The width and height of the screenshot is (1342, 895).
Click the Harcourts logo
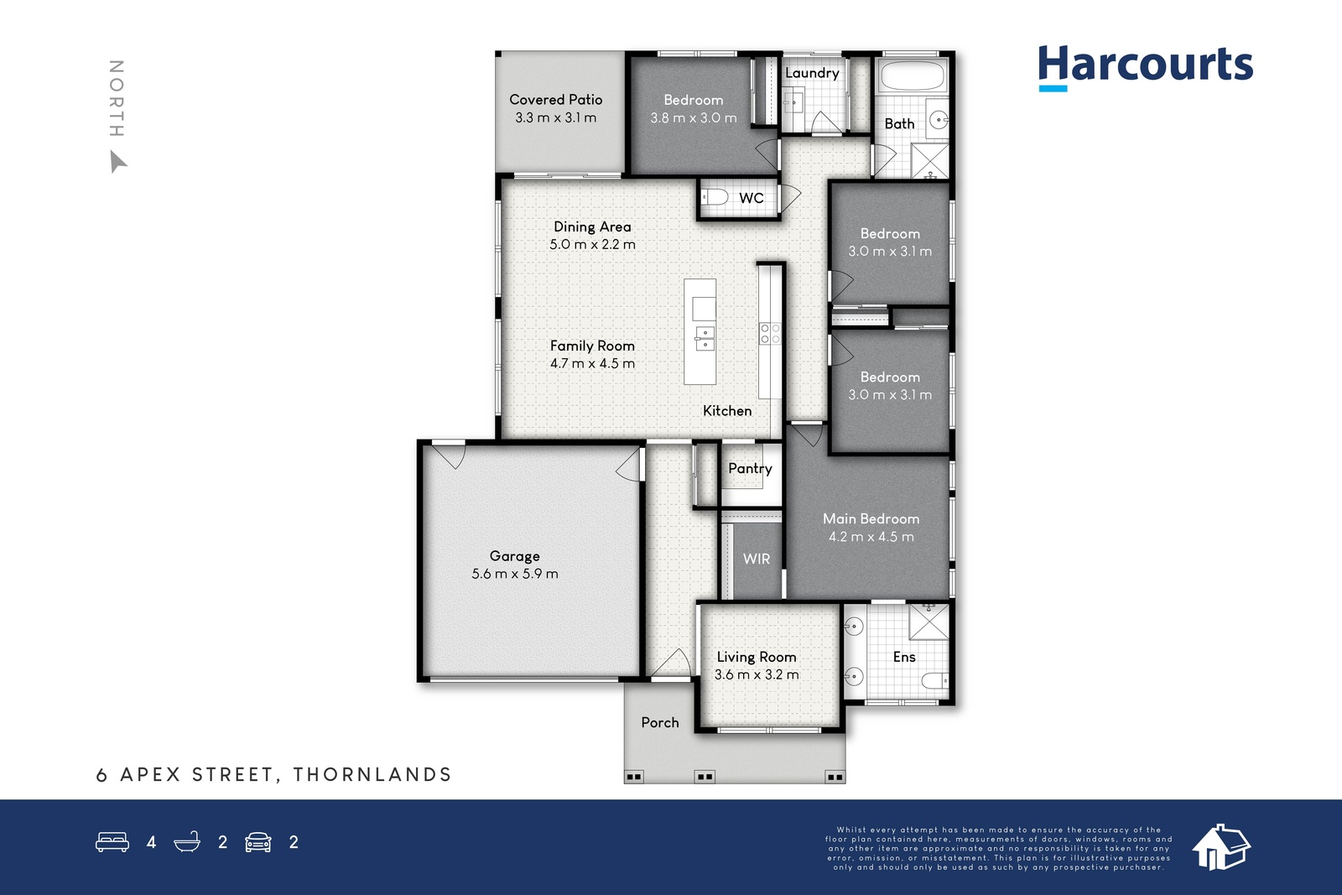coord(1146,67)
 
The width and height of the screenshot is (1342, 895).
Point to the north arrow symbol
coord(117,161)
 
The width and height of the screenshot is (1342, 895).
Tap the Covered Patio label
coord(556,100)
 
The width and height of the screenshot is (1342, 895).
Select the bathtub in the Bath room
coord(912,75)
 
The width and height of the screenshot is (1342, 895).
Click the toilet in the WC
coord(714,196)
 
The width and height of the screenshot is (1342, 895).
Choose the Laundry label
coord(812,73)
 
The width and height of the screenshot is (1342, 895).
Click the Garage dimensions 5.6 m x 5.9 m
coord(515,574)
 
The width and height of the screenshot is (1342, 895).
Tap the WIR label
coord(756,559)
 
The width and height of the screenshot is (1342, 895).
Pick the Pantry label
coord(750,468)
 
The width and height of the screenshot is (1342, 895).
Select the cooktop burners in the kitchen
coord(770,334)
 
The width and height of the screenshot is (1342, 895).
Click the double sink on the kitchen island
coord(705,339)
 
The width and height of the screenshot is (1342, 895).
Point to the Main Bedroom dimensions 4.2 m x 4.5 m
coord(871,537)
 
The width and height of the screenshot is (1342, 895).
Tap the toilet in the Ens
coord(934,680)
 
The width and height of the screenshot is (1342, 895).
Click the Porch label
coord(659,722)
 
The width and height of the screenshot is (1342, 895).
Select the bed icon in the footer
coord(112,841)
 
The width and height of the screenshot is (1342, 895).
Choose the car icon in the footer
coord(258,842)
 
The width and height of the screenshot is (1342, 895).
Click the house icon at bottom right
coord(1221,847)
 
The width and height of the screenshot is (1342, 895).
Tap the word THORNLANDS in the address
coord(372,774)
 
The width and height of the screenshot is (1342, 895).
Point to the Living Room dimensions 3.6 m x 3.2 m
coord(757,674)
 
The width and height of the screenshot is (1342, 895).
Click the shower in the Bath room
coord(930,160)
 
